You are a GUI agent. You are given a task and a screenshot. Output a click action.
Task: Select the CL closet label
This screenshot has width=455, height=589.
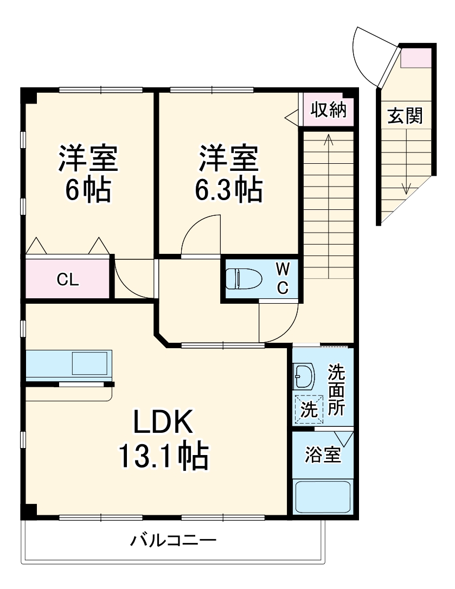tap(68, 280)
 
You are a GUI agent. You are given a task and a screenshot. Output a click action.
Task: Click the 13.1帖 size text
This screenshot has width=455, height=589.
tap(163, 457)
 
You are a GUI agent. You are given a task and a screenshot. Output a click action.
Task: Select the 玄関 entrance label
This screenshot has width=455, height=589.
tap(405, 116)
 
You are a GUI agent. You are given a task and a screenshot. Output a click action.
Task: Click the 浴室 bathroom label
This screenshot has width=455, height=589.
tap(323, 454)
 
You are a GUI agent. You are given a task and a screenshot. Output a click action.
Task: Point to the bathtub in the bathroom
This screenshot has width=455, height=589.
tap(323, 497)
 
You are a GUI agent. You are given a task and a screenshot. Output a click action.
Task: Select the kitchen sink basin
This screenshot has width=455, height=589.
tap(90, 363)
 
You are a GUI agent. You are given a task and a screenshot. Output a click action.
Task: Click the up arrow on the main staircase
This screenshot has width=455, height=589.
tap(328, 140)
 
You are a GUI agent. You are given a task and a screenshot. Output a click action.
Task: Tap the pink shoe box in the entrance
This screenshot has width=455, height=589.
tap(416, 57)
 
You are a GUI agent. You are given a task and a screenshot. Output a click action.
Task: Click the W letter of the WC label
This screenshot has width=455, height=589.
tap(283, 268)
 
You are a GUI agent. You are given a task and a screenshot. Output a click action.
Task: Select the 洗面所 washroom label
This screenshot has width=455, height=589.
tap(336, 390)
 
